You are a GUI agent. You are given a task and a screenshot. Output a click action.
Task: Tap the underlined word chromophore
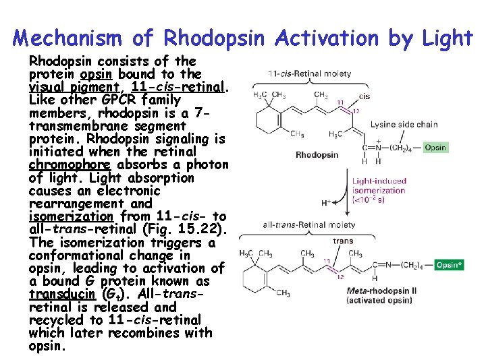click(x=61, y=164)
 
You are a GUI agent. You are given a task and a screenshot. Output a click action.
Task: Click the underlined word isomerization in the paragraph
click(x=71, y=216)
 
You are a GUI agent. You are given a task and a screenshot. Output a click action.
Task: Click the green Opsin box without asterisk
click(x=435, y=147)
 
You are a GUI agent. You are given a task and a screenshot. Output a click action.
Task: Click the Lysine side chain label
click(x=404, y=124)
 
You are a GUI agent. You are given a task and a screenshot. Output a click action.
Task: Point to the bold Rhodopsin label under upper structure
click(x=317, y=155)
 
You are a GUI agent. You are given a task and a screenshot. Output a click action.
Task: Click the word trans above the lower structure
click(x=343, y=240)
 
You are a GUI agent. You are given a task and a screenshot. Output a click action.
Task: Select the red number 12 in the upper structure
click(x=356, y=111)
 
